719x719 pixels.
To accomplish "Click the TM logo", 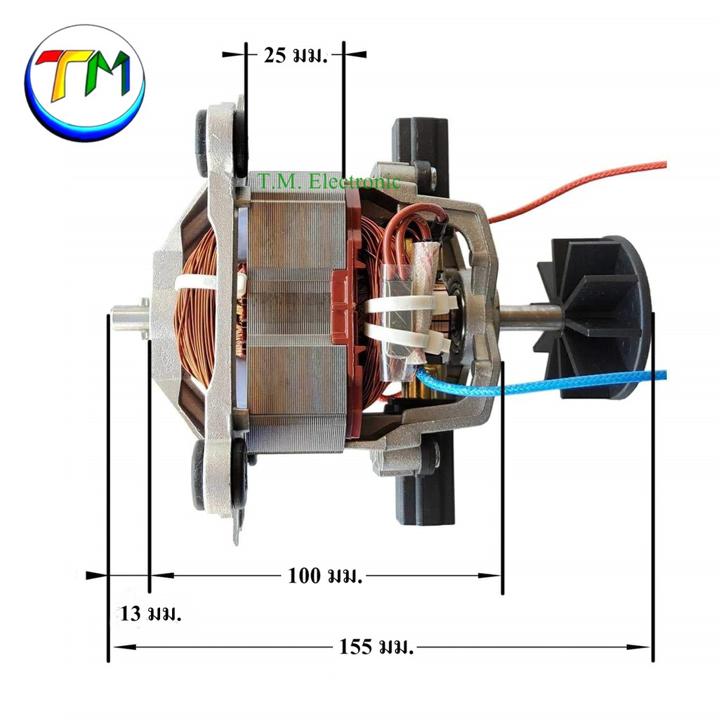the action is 84,83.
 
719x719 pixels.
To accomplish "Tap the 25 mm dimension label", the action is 296,55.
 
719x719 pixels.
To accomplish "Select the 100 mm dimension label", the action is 324,576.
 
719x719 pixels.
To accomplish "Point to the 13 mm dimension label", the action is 151,614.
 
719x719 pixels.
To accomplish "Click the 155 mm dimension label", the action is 376,647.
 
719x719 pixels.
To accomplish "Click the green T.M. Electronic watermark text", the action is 329,182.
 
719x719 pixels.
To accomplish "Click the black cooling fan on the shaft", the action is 596,317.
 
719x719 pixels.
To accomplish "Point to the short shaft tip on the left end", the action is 129,316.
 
